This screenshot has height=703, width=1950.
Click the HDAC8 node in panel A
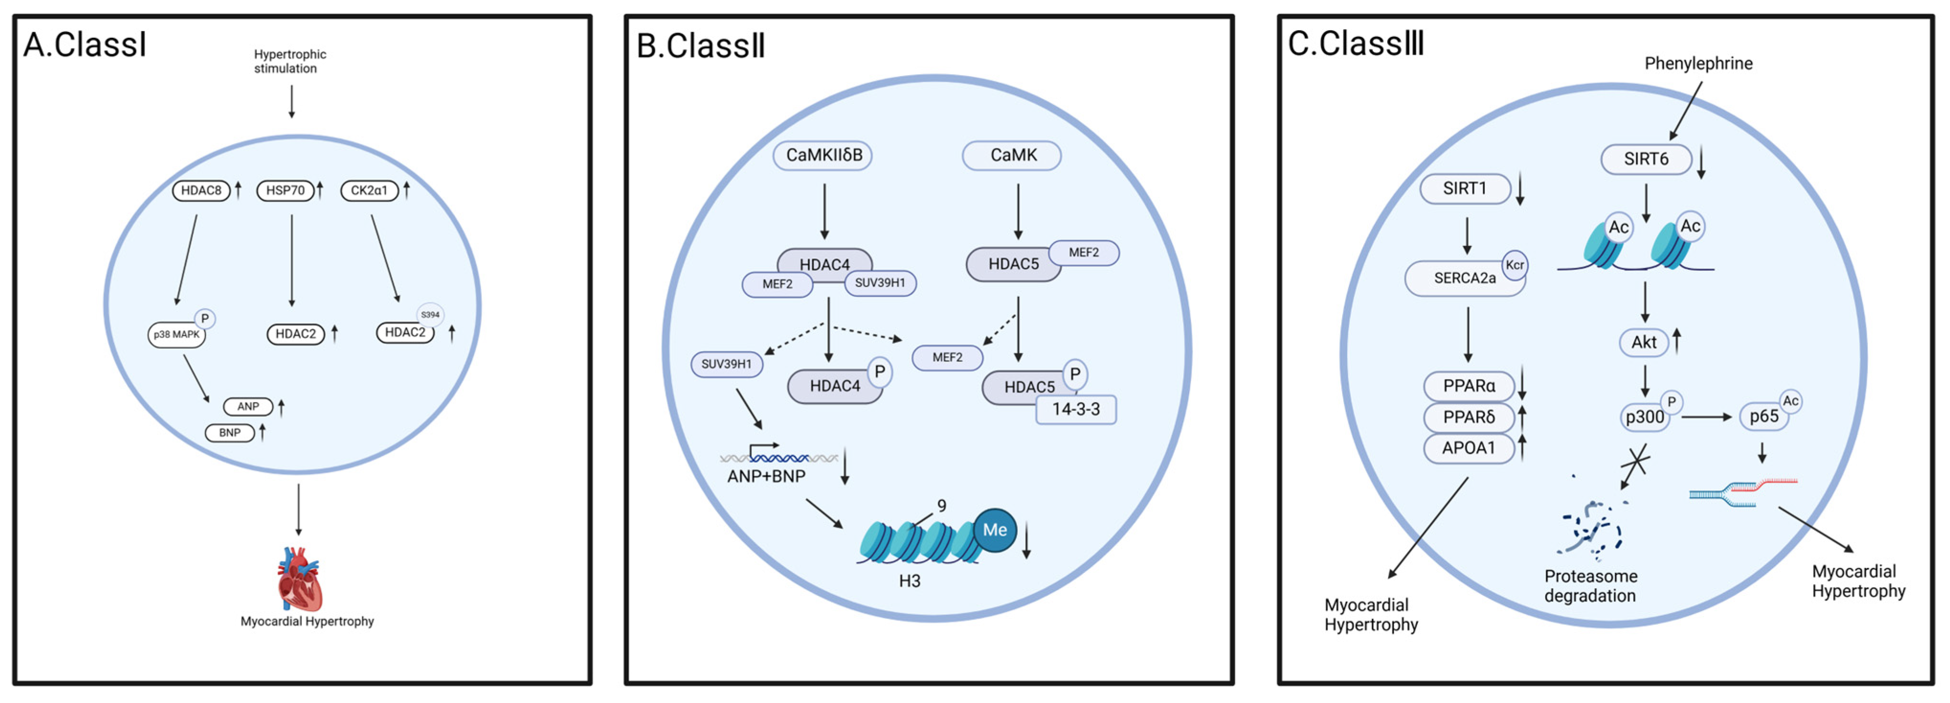pyautogui.click(x=201, y=190)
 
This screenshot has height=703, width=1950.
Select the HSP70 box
pyautogui.click(x=285, y=190)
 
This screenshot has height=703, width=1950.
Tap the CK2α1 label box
pyautogui.click(x=368, y=190)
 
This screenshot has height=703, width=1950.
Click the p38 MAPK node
pyautogui.click(x=177, y=335)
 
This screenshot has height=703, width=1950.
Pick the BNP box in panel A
pyautogui.click(x=229, y=433)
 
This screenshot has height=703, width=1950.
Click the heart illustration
pyautogui.click(x=299, y=579)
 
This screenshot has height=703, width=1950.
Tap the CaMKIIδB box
pyautogui.click(x=823, y=155)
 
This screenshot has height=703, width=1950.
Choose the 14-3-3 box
pyautogui.click(x=1076, y=409)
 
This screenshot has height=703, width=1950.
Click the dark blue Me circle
pyautogui.click(x=994, y=530)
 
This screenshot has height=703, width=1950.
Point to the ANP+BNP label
pyautogui.click(x=766, y=477)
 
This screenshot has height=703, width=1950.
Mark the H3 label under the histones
pyautogui.click(x=909, y=581)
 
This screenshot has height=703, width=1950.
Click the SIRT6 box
pyautogui.click(x=1646, y=159)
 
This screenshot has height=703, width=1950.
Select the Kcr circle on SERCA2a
pyautogui.click(x=1515, y=265)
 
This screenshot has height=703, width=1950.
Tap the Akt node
pyautogui.click(x=1643, y=342)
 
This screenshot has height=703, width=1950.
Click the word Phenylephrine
pyautogui.click(x=1698, y=64)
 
